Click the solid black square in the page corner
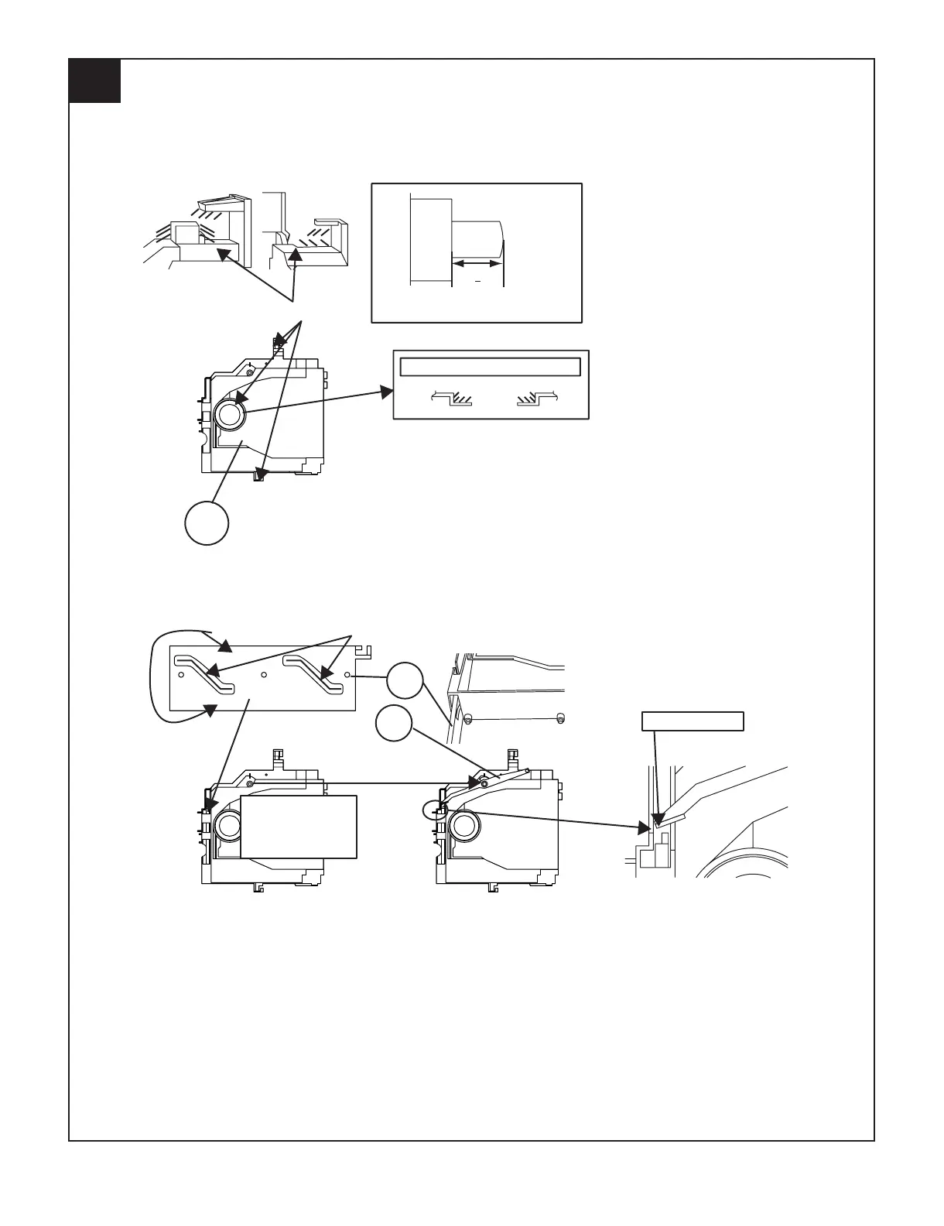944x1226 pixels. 94,80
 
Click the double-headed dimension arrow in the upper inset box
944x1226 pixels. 477,264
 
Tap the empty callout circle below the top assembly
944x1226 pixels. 207,523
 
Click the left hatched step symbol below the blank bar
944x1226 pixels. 453,399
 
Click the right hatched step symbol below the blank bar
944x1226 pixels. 538,399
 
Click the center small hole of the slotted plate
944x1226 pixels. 264,675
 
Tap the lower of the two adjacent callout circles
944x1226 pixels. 394,723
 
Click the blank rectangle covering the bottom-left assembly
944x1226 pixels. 299,826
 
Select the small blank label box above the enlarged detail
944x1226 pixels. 693,721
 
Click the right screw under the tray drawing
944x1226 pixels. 561,717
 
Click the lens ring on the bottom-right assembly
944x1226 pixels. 463,826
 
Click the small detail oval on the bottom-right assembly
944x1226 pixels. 435,810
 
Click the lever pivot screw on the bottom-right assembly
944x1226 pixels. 484,783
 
